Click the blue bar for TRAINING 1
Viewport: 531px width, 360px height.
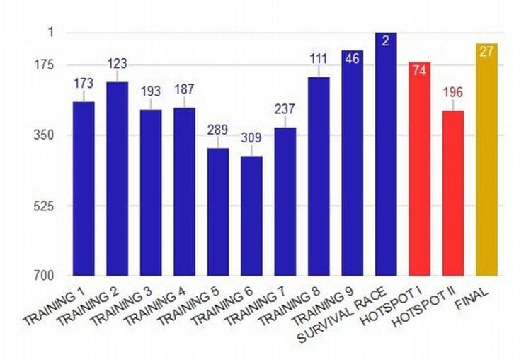pyautogui.click(x=84, y=188)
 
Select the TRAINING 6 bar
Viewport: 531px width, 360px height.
pyautogui.click(x=251, y=215)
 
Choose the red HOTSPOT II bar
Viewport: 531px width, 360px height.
pyautogui.click(x=453, y=193)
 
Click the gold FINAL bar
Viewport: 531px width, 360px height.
pyautogui.click(x=486, y=159)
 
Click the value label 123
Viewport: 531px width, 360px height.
pyautogui.click(x=117, y=64)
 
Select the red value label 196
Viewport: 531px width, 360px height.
pyautogui.click(x=453, y=93)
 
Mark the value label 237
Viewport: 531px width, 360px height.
pyautogui.click(x=285, y=109)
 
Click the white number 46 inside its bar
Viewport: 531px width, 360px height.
pyautogui.click(x=352, y=58)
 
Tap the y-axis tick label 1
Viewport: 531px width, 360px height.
pyautogui.click(x=51, y=33)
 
